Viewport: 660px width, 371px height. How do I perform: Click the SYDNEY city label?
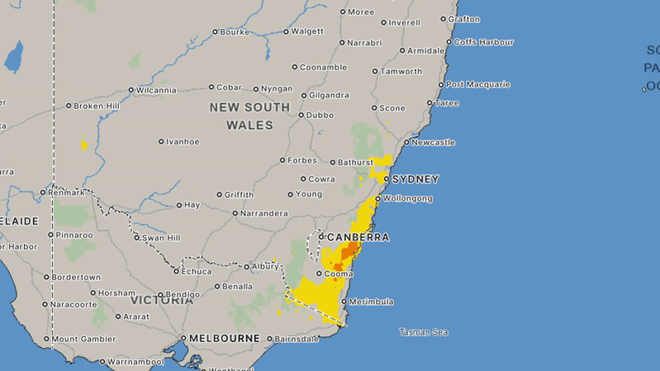(x=415, y=179)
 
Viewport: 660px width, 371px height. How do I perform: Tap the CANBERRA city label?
(x=358, y=237)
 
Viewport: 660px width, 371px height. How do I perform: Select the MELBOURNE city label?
(x=225, y=339)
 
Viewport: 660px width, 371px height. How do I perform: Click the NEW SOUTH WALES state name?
(x=249, y=117)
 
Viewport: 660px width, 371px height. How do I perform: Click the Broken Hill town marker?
(x=69, y=106)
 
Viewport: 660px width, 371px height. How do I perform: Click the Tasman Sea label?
(x=423, y=332)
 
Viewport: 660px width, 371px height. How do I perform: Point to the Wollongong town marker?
(x=378, y=199)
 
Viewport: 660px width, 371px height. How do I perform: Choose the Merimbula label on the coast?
(x=372, y=302)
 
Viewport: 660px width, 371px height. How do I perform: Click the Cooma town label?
(x=338, y=273)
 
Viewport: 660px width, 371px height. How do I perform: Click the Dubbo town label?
(x=321, y=115)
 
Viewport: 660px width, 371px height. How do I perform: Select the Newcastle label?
(x=433, y=142)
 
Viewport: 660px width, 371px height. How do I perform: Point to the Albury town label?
(x=265, y=266)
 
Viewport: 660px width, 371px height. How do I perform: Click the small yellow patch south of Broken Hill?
(x=83, y=145)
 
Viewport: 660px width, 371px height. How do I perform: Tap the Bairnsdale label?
(x=296, y=339)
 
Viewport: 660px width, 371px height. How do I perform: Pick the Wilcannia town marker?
(x=132, y=90)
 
